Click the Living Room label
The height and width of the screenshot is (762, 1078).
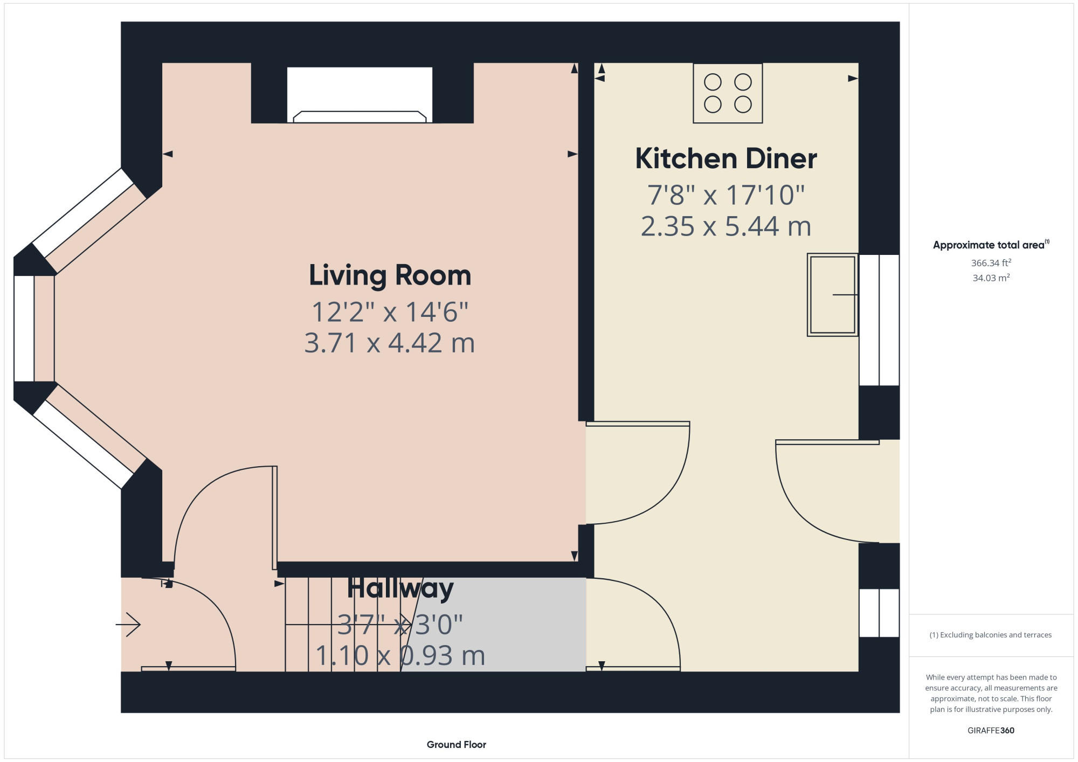[x=390, y=275]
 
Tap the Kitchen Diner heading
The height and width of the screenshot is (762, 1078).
[x=726, y=158]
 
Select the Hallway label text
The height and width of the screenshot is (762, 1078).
[x=400, y=588]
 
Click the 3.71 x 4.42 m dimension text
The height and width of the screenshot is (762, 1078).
[x=390, y=343]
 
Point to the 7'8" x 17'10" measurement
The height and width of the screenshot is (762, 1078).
[x=726, y=195]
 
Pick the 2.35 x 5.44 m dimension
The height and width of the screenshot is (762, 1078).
[x=726, y=226]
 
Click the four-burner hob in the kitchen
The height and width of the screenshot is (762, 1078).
[x=728, y=93]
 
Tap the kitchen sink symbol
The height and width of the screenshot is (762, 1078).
[x=833, y=295]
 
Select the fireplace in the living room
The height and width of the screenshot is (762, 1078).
[x=360, y=95]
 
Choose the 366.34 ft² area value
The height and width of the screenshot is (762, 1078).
[x=991, y=263]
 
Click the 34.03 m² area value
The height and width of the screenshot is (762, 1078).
[x=991, y=278]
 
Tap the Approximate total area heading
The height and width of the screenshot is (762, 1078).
[x=991, y=245]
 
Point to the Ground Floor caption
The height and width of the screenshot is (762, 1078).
[x=457, y=745]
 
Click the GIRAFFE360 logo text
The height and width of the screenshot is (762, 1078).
[x=991, y=731]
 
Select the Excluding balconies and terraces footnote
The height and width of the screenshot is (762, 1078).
[x=991, y=635]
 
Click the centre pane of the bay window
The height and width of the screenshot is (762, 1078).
[x=24, y=329]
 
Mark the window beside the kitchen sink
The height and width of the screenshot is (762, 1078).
[x=879, y=320]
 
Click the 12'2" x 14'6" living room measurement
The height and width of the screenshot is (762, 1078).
[x=390, y=311]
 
